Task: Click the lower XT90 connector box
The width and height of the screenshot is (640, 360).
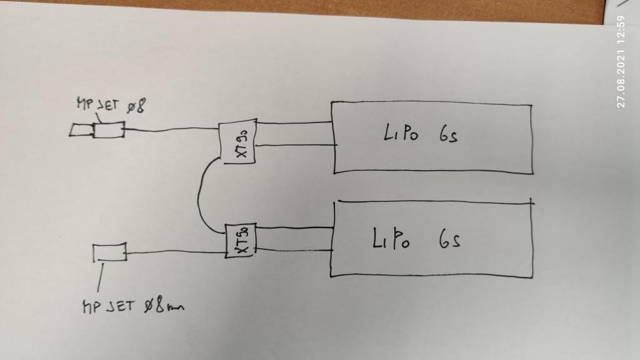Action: (x=241, y=241)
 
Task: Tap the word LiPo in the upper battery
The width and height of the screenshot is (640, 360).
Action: (x=398, y=134)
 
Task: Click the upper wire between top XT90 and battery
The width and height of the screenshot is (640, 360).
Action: (x=294, y=122)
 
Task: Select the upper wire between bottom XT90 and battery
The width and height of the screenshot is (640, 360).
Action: (x=294, y=228)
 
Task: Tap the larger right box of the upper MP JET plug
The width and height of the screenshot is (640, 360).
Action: (x=107, y=130)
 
